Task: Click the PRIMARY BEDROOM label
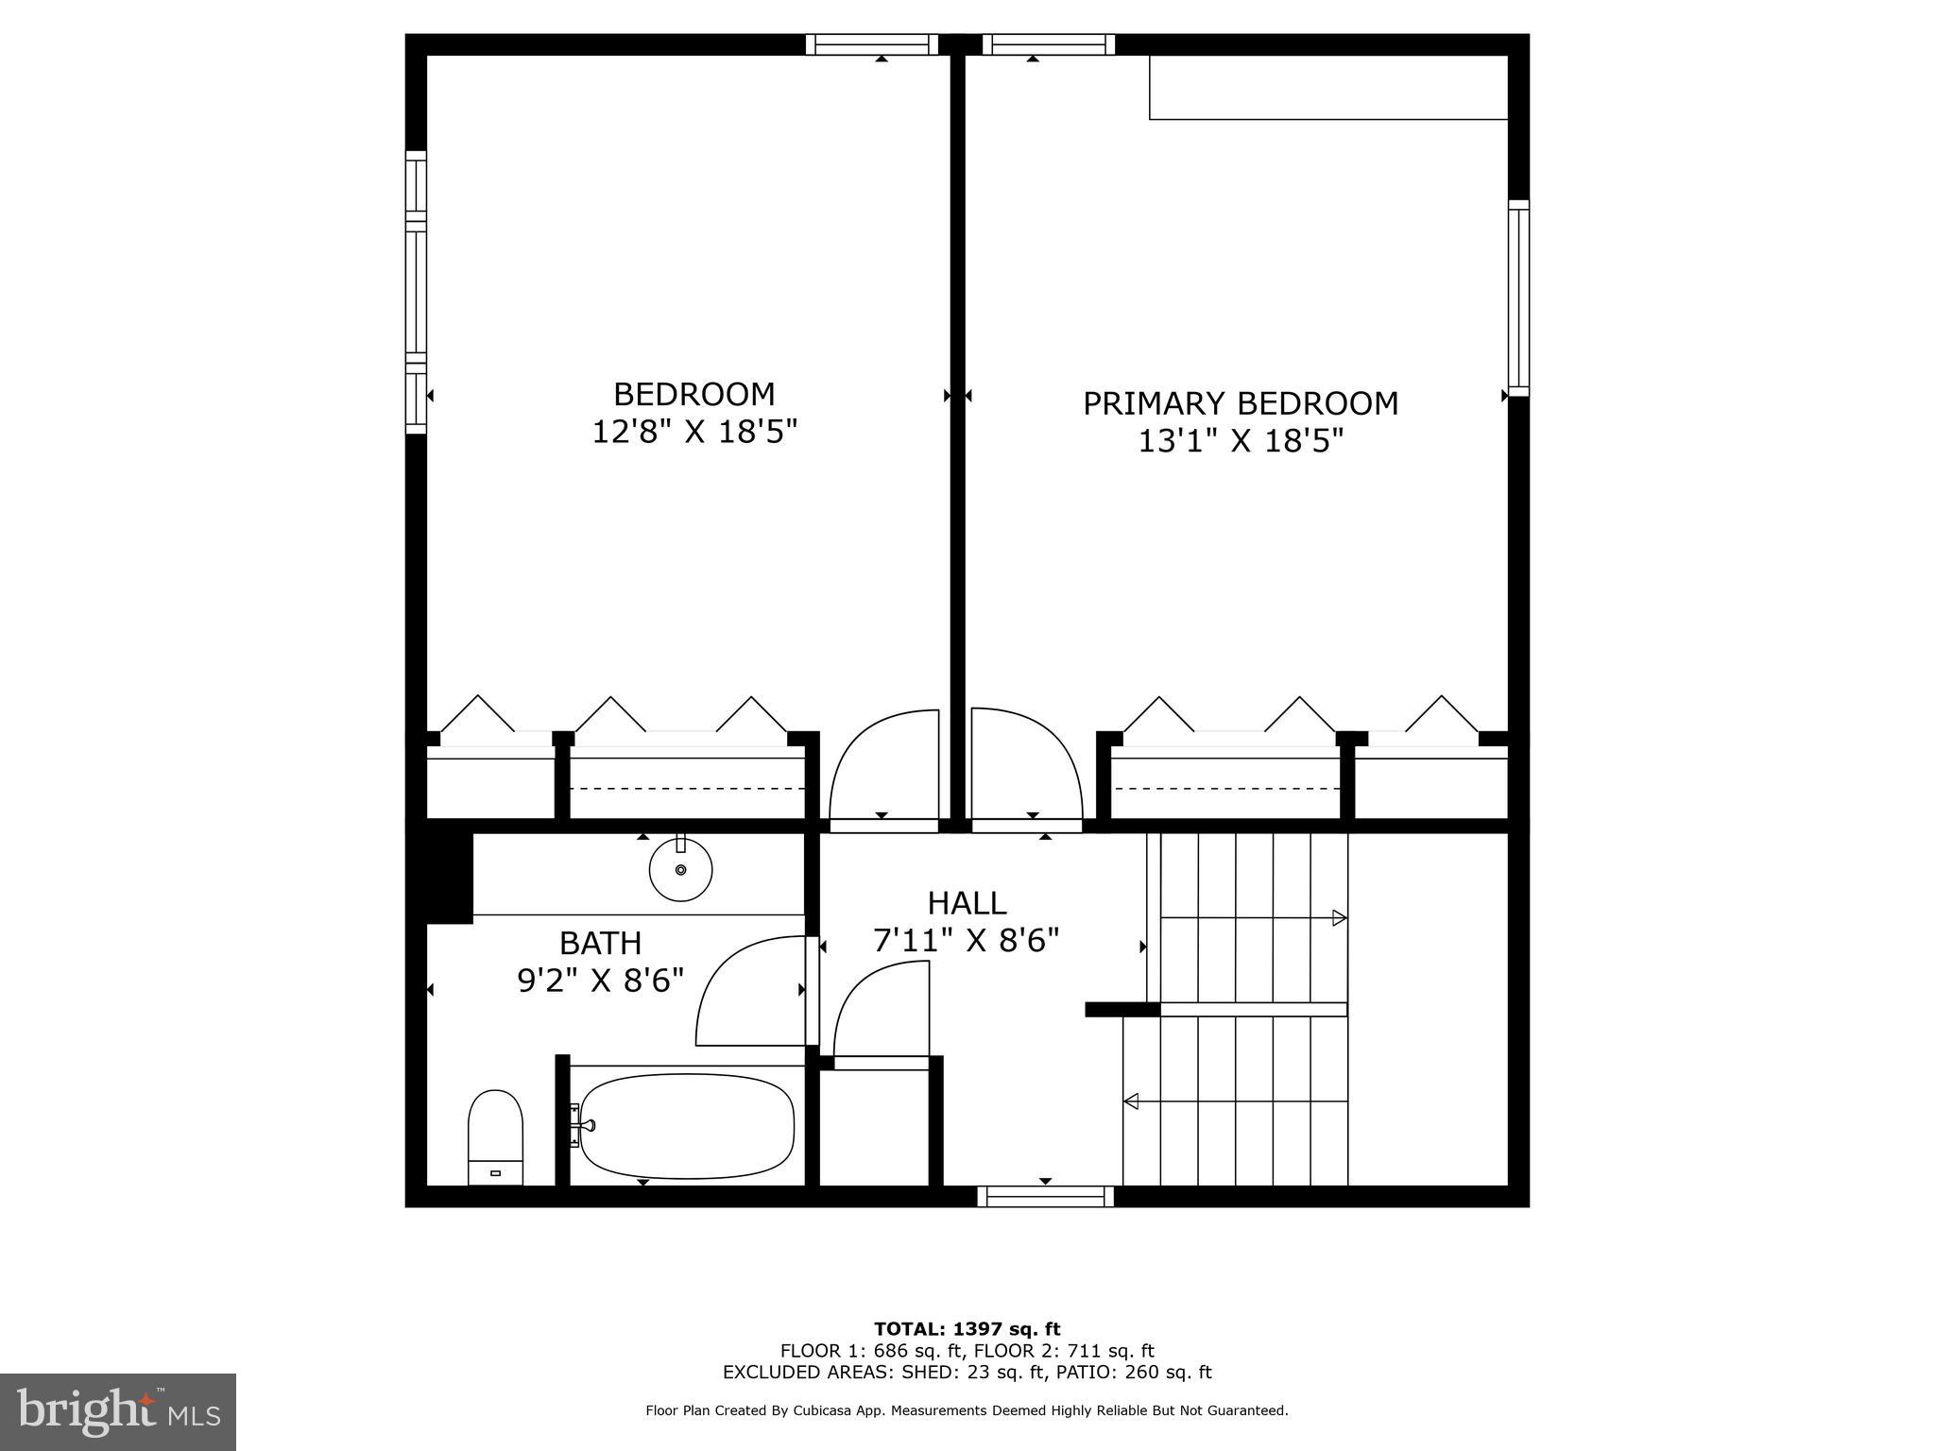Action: point(1240,403)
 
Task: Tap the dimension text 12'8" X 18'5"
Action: point(694,432)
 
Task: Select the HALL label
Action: point(967,903)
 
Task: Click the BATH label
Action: point(600,943)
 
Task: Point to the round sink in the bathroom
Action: point(680,869)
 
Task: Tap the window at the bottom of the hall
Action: point(1045,1196)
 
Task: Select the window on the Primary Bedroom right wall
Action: point(1517,298)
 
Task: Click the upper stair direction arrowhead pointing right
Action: point(1339,917)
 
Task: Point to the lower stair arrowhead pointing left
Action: point(1131,1101)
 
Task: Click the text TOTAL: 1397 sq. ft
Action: point(967,1329)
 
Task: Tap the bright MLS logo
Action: point(118,1411)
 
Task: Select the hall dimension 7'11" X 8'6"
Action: point(967,941)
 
